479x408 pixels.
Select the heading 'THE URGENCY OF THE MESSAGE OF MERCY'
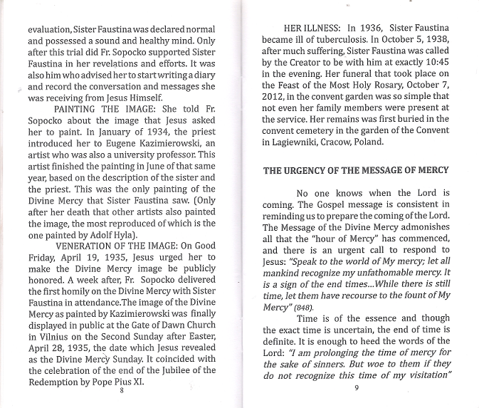click(356, 171)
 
